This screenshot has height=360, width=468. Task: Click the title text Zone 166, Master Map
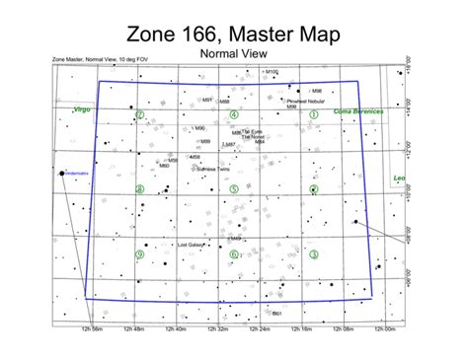tap(234, 35)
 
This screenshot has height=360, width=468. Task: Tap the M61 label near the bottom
tap(277, 315)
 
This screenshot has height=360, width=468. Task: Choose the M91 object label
tap(208, 100)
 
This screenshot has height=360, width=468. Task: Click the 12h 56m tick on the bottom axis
tap(94, 329)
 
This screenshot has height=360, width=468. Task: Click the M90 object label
tap(200, 128)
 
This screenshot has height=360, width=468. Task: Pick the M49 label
tap(236, 239)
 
